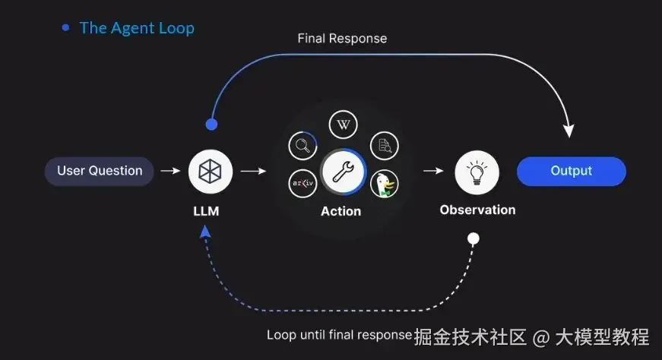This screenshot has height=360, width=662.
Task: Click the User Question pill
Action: (100, 171)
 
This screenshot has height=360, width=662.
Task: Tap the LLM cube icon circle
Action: (211, 171)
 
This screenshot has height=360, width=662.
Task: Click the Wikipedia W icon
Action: (343, 125)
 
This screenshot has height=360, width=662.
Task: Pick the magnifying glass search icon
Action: (303, 144)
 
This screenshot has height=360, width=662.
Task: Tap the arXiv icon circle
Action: (303, 183)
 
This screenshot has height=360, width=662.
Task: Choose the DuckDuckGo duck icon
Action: (385, 184)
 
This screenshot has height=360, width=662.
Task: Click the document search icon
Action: (384, 144)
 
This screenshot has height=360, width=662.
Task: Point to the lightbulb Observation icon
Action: (477, 172)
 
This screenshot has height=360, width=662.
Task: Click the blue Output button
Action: (571, 171)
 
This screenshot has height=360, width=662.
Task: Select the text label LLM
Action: (206, 211)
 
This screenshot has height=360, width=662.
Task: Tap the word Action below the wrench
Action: (341, 211)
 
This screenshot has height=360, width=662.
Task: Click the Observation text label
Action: (477, 210)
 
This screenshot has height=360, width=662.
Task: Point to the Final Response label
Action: (342, 38)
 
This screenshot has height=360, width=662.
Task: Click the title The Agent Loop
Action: (137, 28)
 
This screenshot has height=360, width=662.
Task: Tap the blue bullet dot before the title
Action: (65, 28)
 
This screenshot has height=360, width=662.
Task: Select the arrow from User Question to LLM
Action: (171, 171)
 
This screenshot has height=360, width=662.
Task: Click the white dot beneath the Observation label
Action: (474, 238)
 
